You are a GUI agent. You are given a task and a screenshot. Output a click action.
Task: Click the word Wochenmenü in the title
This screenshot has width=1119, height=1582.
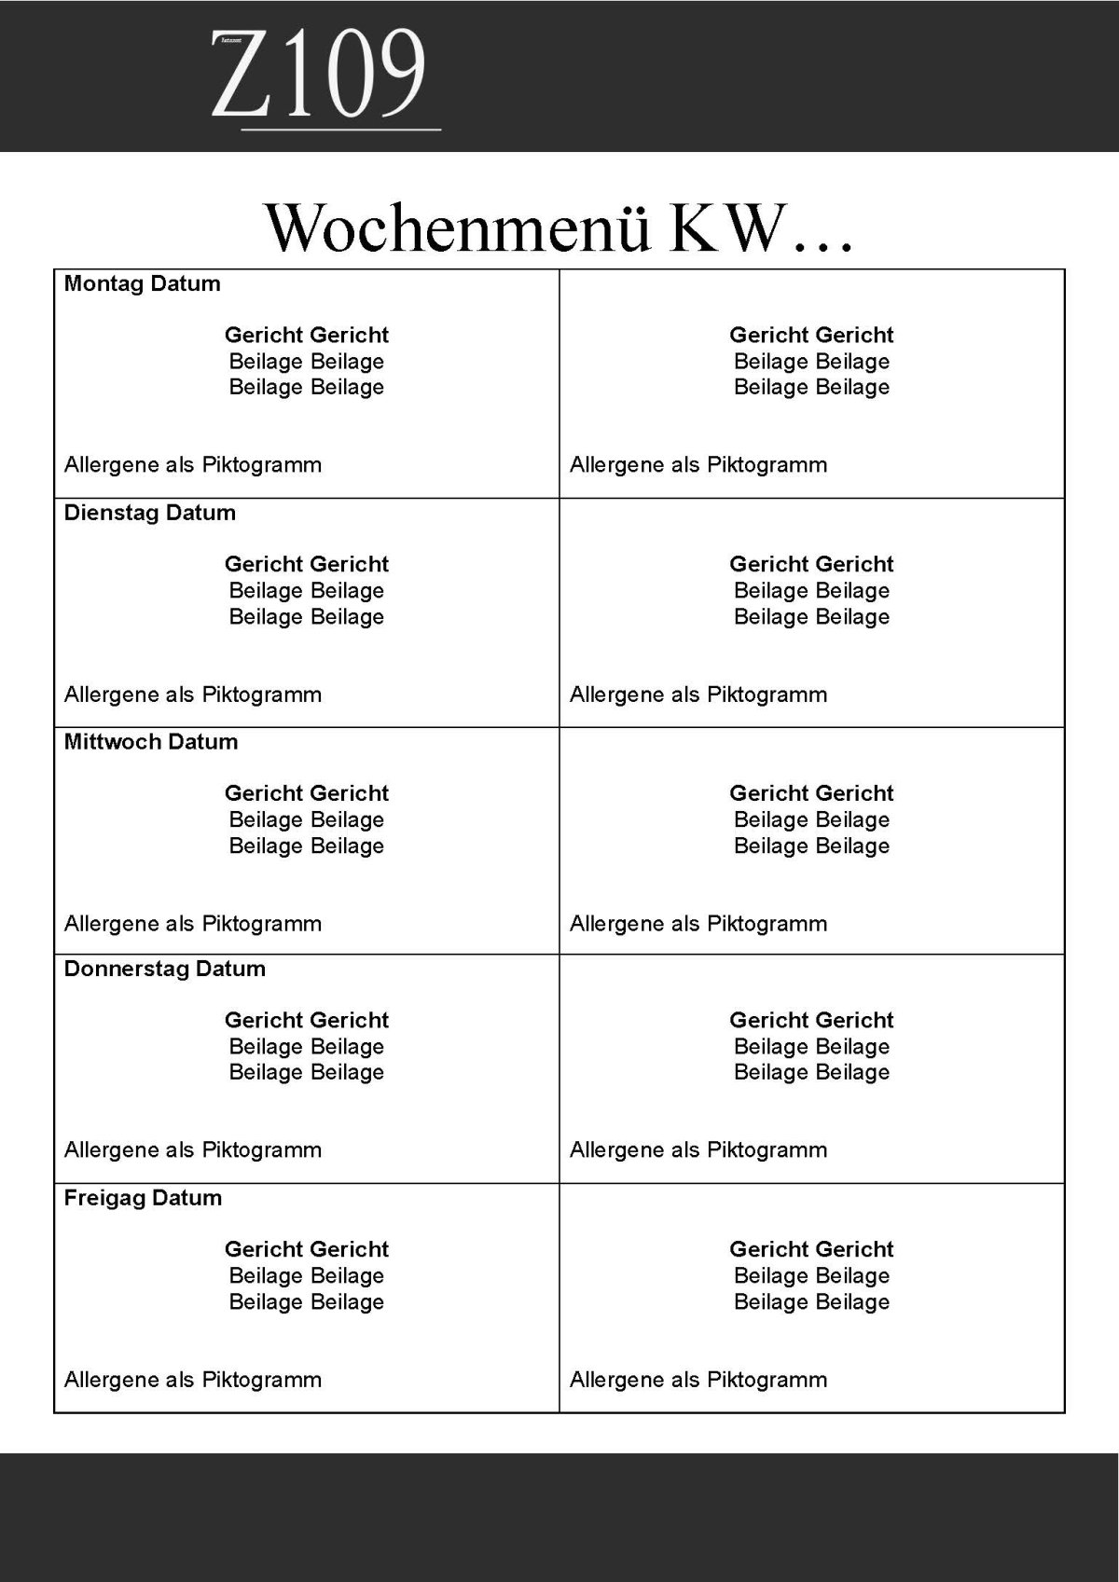[457, 227]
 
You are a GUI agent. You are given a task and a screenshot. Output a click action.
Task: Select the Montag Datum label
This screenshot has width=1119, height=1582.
[142, 284]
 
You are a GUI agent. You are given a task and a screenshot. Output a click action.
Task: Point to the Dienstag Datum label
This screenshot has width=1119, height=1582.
[149, 514]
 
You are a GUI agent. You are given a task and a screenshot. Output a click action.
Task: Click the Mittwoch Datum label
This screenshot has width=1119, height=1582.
[150, 743]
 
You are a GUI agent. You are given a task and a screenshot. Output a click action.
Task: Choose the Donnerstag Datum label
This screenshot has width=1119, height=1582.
[164, 970]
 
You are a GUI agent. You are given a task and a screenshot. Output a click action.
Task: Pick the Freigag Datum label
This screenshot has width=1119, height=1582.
[143, 1199]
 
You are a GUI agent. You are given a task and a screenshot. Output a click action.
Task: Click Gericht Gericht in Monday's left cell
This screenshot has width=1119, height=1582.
[306, 336]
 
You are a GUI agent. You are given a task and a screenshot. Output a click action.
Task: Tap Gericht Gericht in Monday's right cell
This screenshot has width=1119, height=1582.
[811, 336]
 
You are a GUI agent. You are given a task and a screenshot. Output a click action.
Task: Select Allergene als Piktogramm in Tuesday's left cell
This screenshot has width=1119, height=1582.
[192, 695]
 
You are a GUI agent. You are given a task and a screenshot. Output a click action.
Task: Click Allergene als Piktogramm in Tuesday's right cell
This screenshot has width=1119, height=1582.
[698, 695]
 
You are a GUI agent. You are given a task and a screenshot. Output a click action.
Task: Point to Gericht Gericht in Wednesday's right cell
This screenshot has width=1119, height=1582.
[811, 794]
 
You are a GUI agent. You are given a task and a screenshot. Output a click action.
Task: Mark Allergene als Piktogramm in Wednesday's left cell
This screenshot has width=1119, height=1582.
[192, 925]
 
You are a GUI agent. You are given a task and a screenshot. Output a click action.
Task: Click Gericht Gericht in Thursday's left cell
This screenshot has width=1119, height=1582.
[306, 1021]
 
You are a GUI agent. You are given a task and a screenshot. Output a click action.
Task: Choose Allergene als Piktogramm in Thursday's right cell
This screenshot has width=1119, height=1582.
[698, 1150]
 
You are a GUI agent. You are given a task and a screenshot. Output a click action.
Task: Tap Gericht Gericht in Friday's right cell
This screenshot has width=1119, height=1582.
[811, 1250]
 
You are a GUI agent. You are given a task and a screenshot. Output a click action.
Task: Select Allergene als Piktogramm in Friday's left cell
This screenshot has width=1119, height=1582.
[192, 1381]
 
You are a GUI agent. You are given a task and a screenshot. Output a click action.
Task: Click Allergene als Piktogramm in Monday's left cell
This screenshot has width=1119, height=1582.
[192, 465]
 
